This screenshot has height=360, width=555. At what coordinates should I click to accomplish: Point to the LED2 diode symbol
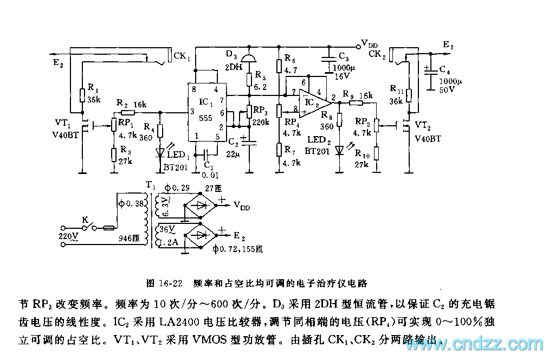340,149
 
